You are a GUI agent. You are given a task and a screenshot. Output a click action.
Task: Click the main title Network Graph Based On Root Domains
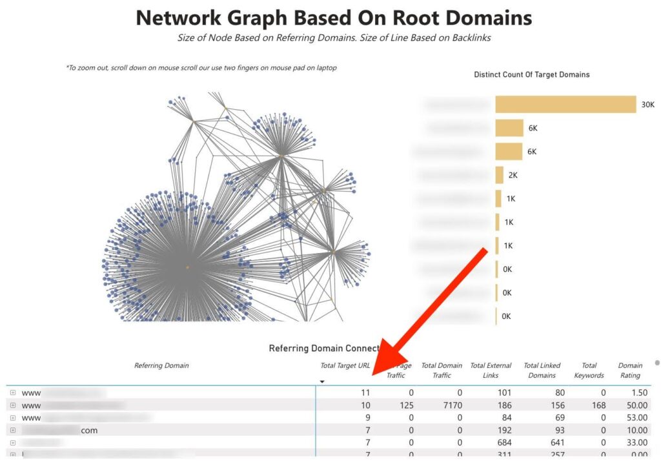(x=334, y=17)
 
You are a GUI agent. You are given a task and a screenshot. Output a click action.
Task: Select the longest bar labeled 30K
(x=565, y=105)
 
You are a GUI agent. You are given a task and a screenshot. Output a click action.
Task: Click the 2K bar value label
(x=513, y=175)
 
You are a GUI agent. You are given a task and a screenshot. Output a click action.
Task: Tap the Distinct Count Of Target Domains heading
(x=531, y=75)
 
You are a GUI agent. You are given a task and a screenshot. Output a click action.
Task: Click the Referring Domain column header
(x=161, y=365)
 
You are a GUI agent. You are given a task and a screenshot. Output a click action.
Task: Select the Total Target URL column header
(x=345, y=365)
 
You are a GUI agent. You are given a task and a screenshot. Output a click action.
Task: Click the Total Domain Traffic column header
(x=442, y=370)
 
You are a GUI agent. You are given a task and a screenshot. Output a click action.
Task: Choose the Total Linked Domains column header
(x=542, y=370)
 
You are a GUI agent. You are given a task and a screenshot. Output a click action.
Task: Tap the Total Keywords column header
(x=589, y=370)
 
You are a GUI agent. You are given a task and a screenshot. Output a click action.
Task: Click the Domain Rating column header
(x=630, y=370)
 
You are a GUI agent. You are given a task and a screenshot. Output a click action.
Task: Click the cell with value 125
(x=406, y=405)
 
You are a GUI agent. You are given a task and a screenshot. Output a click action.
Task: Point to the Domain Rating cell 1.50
(x=636, y=393)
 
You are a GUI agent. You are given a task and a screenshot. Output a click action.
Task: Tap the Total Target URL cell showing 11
(x=365, y=393)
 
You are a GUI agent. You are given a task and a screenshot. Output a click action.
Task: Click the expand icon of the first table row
(x=13, y=393)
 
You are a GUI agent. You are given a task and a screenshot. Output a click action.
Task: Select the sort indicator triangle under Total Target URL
(x=322, y=382)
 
